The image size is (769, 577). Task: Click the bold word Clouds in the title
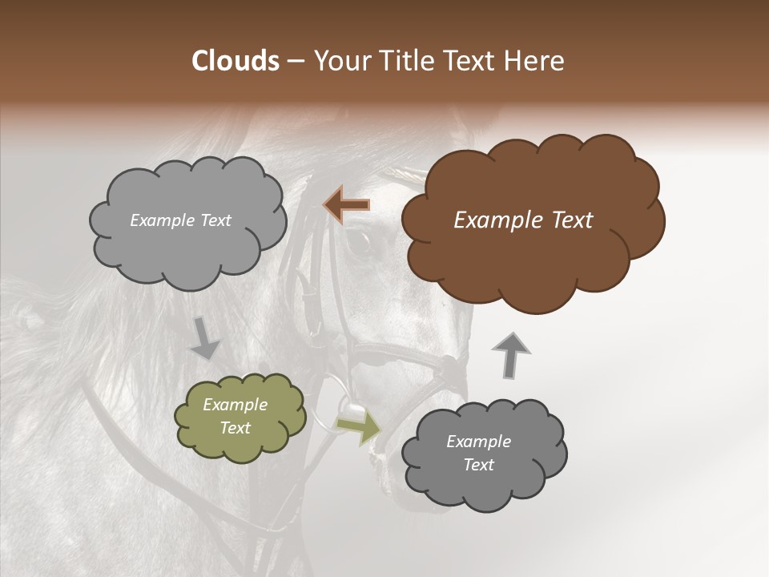[x=235, y=61]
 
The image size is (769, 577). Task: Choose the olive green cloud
[x=240, y=418]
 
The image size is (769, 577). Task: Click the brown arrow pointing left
[x=346, y=205]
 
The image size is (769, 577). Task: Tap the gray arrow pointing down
[x=206, y=337]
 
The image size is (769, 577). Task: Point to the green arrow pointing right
[x=359, y=428]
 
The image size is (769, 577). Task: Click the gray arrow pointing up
[x=510, y=355]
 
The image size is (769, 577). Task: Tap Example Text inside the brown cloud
[x=523, y=220]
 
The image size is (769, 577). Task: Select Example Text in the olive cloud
[x=236, y=417]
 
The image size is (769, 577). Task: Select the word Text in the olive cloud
[x=236, y=428]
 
